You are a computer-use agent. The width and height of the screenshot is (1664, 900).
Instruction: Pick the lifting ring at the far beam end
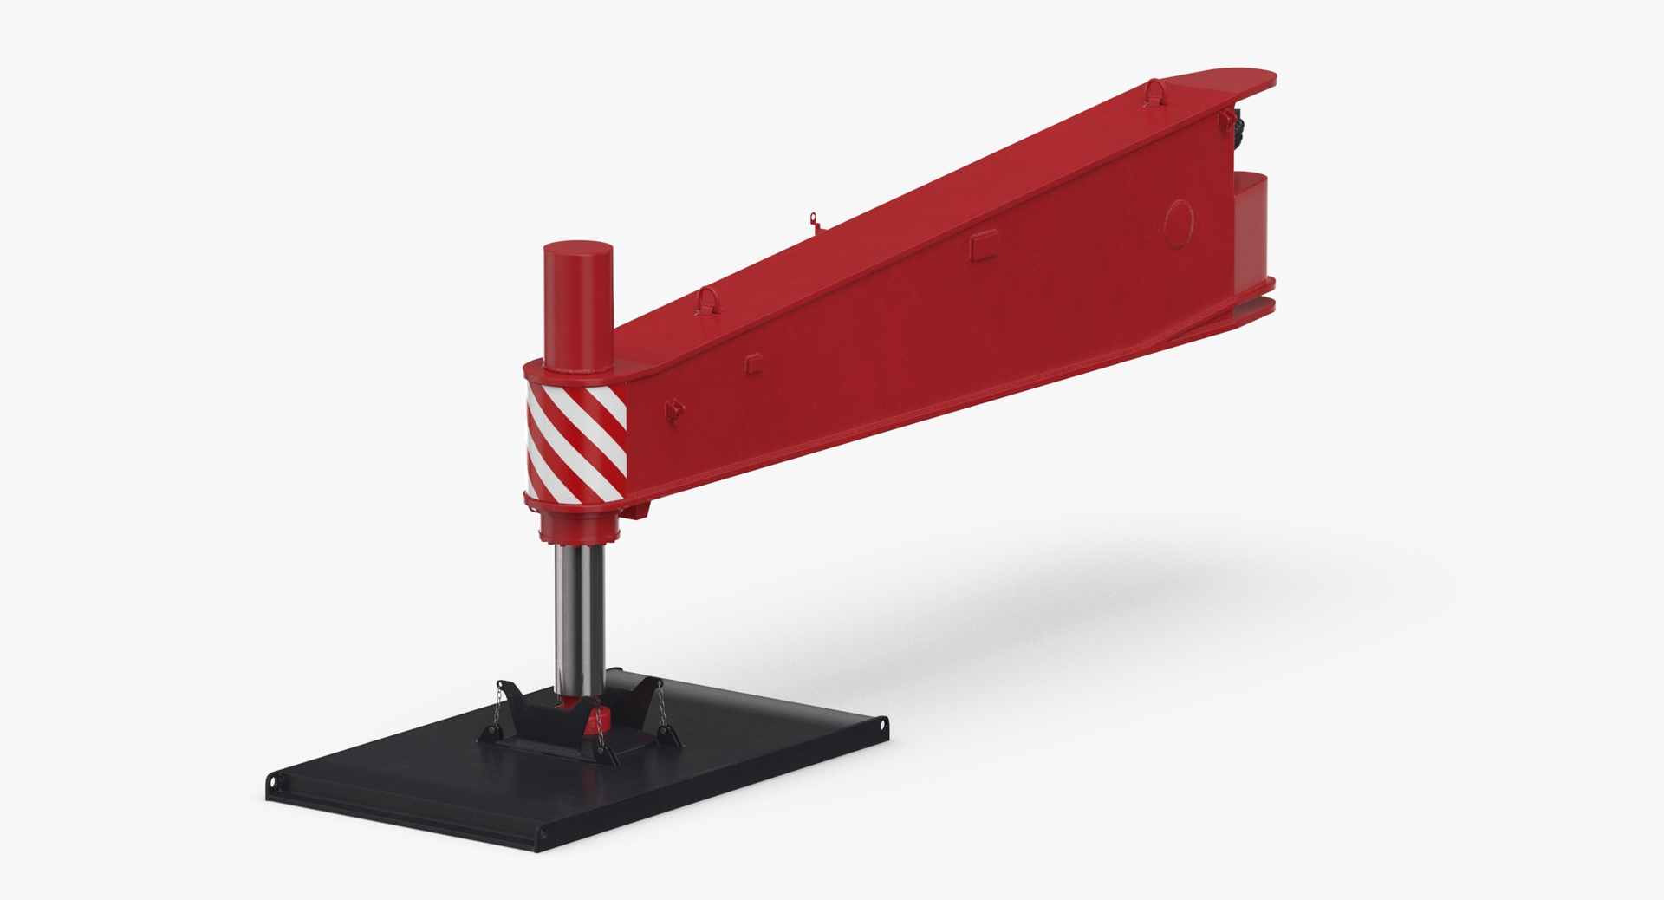pos(1155,89)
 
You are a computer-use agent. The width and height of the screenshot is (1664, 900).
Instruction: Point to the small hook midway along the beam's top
pos(814,221)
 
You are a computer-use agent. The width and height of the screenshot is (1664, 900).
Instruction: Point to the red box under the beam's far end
pos(1253,230)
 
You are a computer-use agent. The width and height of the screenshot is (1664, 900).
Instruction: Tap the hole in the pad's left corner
pos(276,786)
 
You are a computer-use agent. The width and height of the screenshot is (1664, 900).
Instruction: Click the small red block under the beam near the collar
pos(642,512)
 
